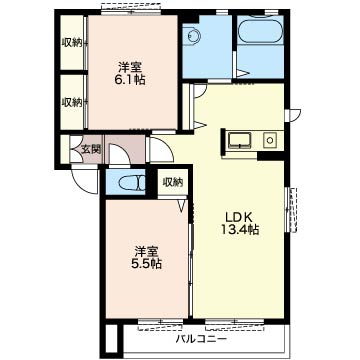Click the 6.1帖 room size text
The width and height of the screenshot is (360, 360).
(x=131, y=80)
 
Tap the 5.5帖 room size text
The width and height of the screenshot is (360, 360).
(x=148, y=264)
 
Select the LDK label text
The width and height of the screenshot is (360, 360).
(x=239, y=218)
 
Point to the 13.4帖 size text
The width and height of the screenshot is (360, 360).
(x=240, y=230)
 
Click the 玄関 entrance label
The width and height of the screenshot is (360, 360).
(x=91, y=150)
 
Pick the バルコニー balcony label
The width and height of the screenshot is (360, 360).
(x=202, y=340)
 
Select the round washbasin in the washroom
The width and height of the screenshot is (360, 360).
(x=193, y=35)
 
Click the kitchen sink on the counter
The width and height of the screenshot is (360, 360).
(x=239, y=140)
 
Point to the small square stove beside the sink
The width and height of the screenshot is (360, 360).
(x=269, y=140)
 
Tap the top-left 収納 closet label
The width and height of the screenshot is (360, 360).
(x=72, y=43)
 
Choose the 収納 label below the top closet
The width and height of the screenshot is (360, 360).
(x=72, y=102)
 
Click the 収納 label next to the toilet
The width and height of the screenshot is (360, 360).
(x=173, y=182)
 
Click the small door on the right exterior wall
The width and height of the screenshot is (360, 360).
(x=294, y=115)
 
